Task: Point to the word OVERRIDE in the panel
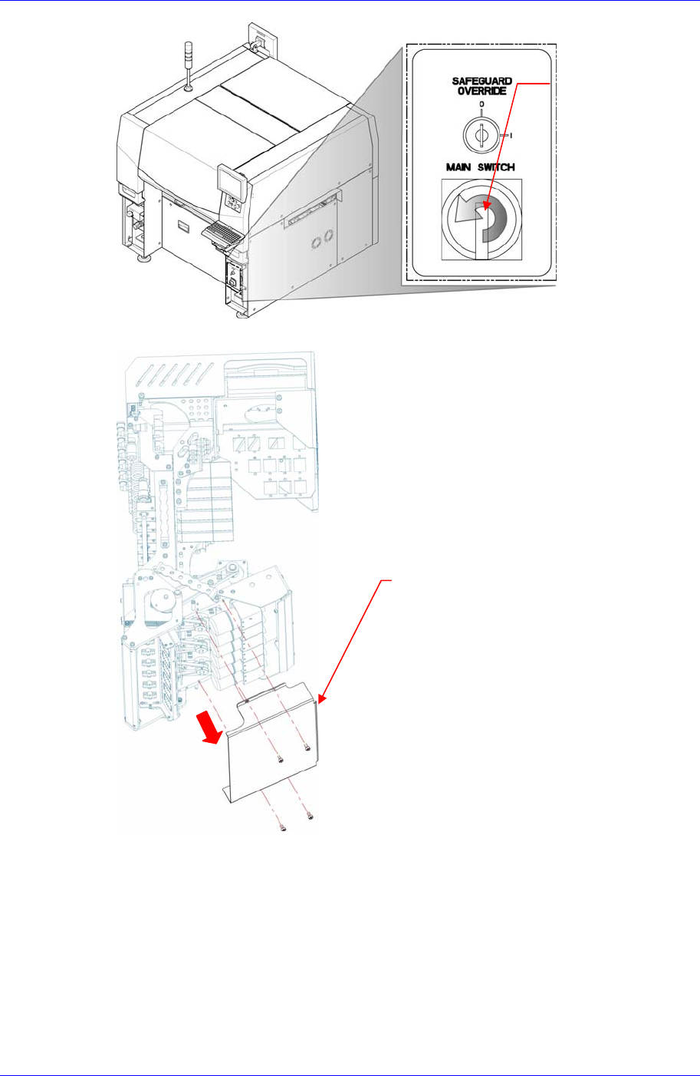pyautogui.click(x=481, y=91)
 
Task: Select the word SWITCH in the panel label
pyautogui.click(x=497, y=167)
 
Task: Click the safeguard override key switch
pyautogui.click(x=481, y=135)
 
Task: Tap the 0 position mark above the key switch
pyautogui.click(x=481, y=103)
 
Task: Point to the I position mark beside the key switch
pyautogui.click(x=511, y=136)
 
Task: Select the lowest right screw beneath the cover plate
pyautogui.click(x=310, y=816)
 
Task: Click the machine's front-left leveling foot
pyautogui.click(x=143, y=259)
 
